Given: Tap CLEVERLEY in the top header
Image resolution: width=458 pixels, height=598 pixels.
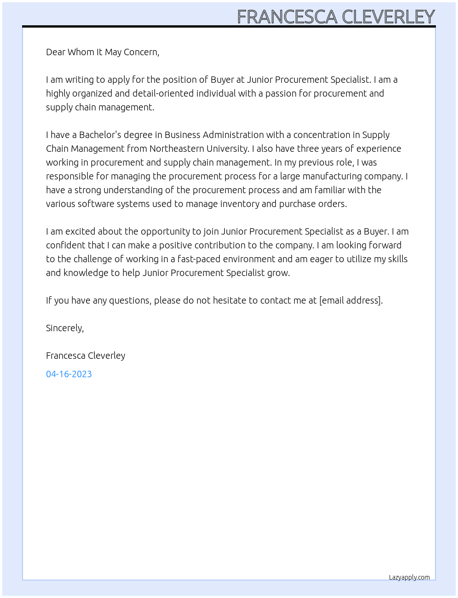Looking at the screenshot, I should click(389, 17).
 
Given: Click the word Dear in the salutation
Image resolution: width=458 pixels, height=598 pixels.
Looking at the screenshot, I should click(56, 52).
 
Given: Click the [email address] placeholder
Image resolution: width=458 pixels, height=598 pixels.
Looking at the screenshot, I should click(350, 300).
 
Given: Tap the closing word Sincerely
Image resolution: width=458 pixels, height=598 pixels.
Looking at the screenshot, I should click(64, 328).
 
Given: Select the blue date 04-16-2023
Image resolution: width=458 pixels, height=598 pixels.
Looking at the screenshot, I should click(69, 374).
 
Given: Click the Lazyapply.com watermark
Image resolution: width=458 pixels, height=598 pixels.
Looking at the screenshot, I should click(409, 577).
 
